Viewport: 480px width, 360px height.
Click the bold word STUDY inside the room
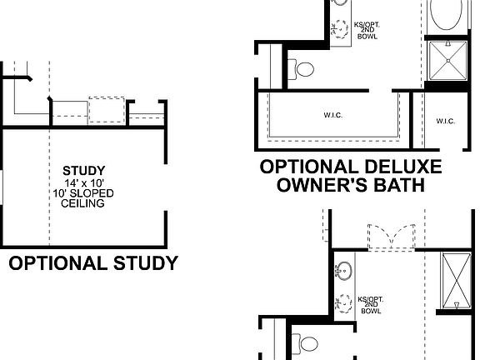[x=83, y=172]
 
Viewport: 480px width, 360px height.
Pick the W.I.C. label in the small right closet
[x=445, y=122]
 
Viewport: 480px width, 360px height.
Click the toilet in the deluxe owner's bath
[x=303, y=67]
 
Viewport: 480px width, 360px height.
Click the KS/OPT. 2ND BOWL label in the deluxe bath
[x=367, y=30]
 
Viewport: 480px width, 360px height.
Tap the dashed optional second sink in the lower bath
[x=342, y=302]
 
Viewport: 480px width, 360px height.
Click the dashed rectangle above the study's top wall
[x=106, y=110]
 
